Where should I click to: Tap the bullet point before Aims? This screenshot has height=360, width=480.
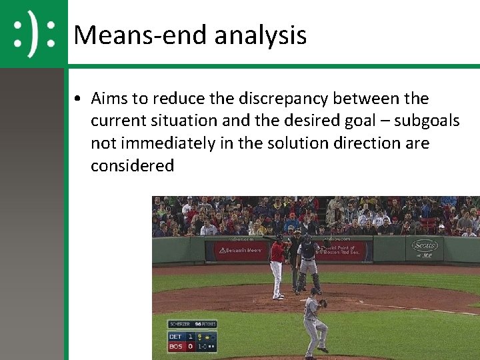tap(79, 99)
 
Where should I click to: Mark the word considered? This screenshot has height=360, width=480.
tap(132, 165)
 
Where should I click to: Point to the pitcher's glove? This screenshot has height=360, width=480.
tap(323, 303)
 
